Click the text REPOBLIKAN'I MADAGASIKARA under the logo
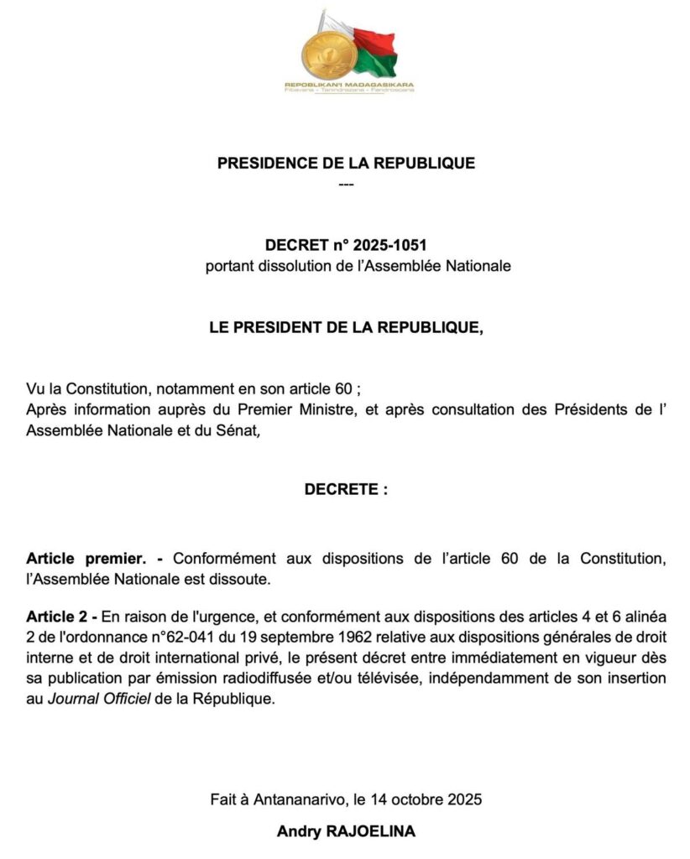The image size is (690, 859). pos(348,86)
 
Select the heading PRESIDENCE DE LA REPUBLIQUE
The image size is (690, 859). pos(346,164)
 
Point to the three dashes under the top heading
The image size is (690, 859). pos(345,183)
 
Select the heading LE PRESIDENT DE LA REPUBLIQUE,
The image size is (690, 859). pos(346,328)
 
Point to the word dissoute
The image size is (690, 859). pos(244,579)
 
